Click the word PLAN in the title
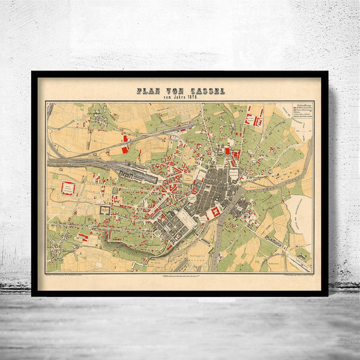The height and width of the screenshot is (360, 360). click(x=148, y=91)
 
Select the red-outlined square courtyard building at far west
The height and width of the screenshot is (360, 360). click(x=67, y=188)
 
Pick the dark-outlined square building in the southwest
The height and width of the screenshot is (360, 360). click(x=106, y=210)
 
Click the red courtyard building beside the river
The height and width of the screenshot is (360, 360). click(x=215, y=211)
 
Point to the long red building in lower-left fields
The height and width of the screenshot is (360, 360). click(x=82, y=238)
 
